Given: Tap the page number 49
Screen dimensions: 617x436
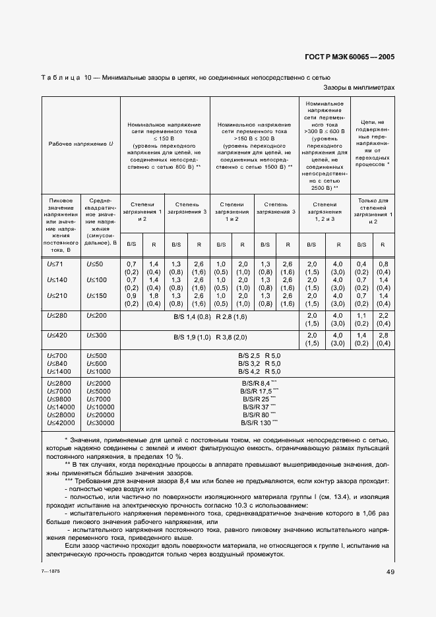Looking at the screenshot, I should [390, 572].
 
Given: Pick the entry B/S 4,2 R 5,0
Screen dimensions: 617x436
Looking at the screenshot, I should [259, 372].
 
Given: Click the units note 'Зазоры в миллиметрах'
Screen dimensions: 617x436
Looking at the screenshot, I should [359, 87].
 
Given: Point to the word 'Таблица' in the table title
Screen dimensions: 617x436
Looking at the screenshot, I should [61, 78].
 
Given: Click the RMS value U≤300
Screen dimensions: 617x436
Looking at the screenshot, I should [96, 336].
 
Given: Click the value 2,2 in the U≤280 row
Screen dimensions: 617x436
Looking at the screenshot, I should [384, 316].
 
